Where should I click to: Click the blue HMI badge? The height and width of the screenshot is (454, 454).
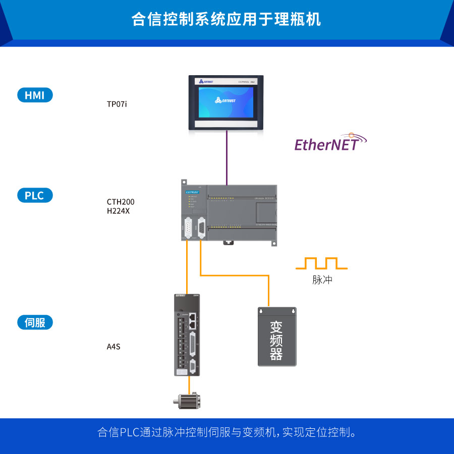[35, 95]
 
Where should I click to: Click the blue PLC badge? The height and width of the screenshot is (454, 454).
[35, 195]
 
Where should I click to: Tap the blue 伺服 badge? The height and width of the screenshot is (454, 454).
[35, 322]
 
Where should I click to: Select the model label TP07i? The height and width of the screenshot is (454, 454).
[117, 104]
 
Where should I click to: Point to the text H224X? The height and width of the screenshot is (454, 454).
[118, 211]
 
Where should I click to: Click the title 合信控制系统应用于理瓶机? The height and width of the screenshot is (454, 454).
[226, 20]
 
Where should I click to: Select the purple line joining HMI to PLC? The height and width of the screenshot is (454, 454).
[227, 156]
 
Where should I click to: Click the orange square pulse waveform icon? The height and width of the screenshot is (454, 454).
[321, 263]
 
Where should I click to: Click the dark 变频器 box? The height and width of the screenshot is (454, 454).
[277, 336]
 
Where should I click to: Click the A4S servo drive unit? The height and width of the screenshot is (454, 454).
[188, 334]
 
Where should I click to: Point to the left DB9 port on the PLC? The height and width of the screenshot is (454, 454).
[187, 229]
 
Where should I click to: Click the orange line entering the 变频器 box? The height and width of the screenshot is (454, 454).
[269, 293]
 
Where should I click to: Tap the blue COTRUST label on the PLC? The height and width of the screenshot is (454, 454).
[193, 192]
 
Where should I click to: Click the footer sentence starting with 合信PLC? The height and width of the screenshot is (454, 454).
[226, 433]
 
